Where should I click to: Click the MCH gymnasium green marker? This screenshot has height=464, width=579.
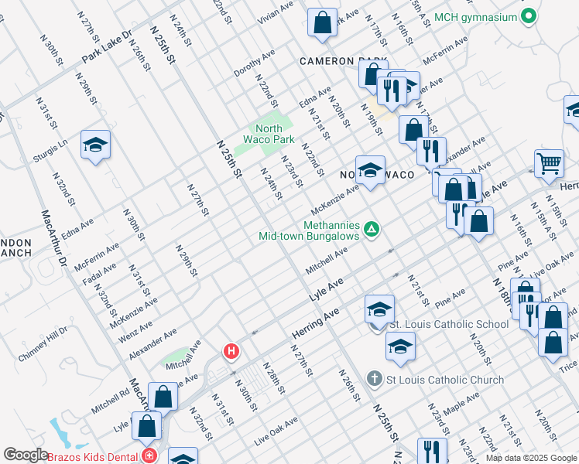click(529, 16)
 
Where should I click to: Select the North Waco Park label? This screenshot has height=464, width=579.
click(275, 134)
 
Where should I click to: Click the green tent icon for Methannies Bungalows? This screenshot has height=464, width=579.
click(372, 229)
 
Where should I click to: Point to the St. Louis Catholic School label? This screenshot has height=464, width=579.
click(448, 324)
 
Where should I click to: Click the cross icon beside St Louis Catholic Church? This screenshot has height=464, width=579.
click(375, 379)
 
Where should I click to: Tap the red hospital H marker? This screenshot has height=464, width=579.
click(231, 352)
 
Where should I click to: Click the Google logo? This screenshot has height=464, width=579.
click(26, 455)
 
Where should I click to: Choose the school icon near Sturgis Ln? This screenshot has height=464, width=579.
click(95, 145)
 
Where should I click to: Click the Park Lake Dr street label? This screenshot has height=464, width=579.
click(108, 48)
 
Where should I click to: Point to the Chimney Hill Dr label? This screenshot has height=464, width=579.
click(43, 345)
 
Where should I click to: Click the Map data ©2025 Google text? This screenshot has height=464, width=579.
click(530, 458)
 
